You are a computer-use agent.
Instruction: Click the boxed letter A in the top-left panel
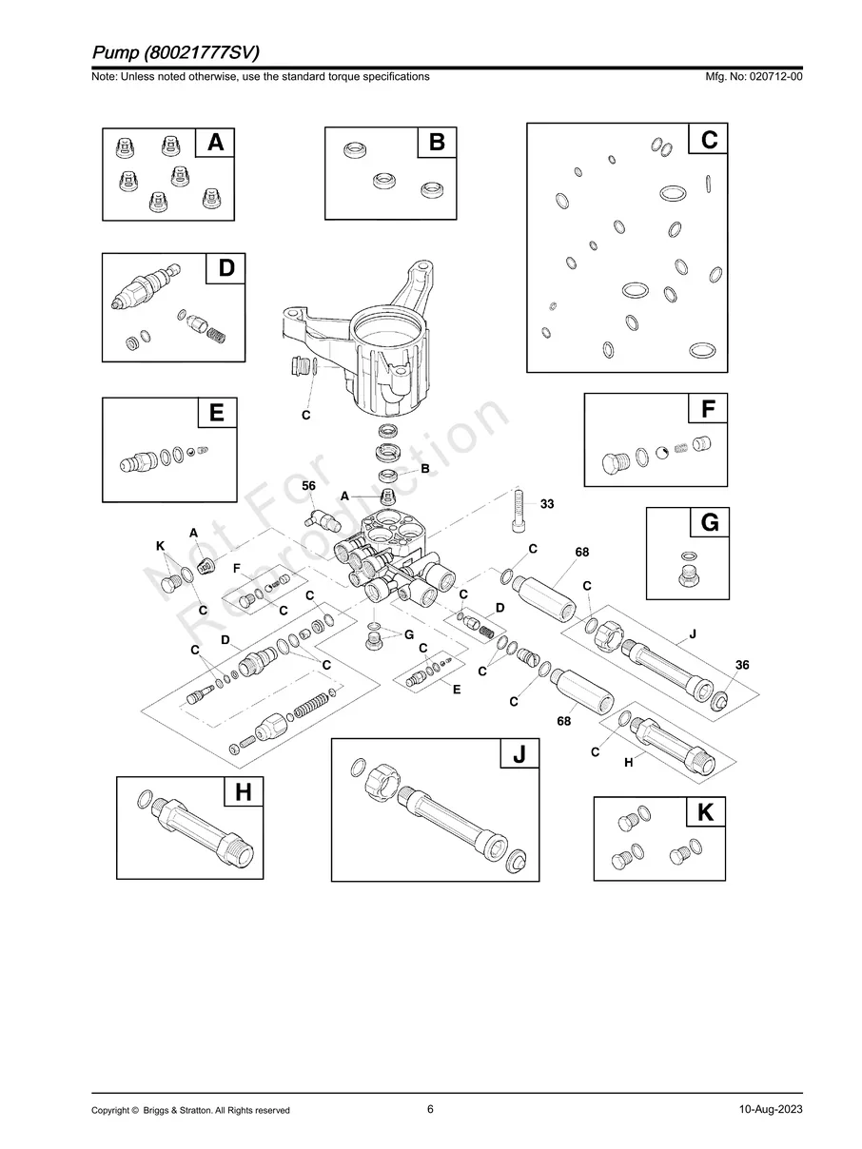(216, 142)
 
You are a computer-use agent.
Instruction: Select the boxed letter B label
(437, 142)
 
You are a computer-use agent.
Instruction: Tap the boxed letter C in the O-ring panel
(709, 140)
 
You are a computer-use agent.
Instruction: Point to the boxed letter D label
(225, 268)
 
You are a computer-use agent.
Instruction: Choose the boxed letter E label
(217, 413)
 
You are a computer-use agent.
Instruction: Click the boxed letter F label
(708, 409)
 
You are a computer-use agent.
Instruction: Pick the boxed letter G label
(709, 522)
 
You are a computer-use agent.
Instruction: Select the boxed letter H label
(244, 791)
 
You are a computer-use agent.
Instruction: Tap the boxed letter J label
(519, 754)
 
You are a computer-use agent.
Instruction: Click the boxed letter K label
(705, 812)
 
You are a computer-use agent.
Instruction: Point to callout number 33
(547, 504)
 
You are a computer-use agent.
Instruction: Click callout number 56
(308, 486)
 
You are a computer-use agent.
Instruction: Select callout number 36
(742, 665)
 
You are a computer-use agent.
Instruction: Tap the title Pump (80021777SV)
(176, 50)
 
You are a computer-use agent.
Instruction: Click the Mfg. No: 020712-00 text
(751, 76)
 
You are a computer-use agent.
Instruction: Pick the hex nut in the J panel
(382, 787)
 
